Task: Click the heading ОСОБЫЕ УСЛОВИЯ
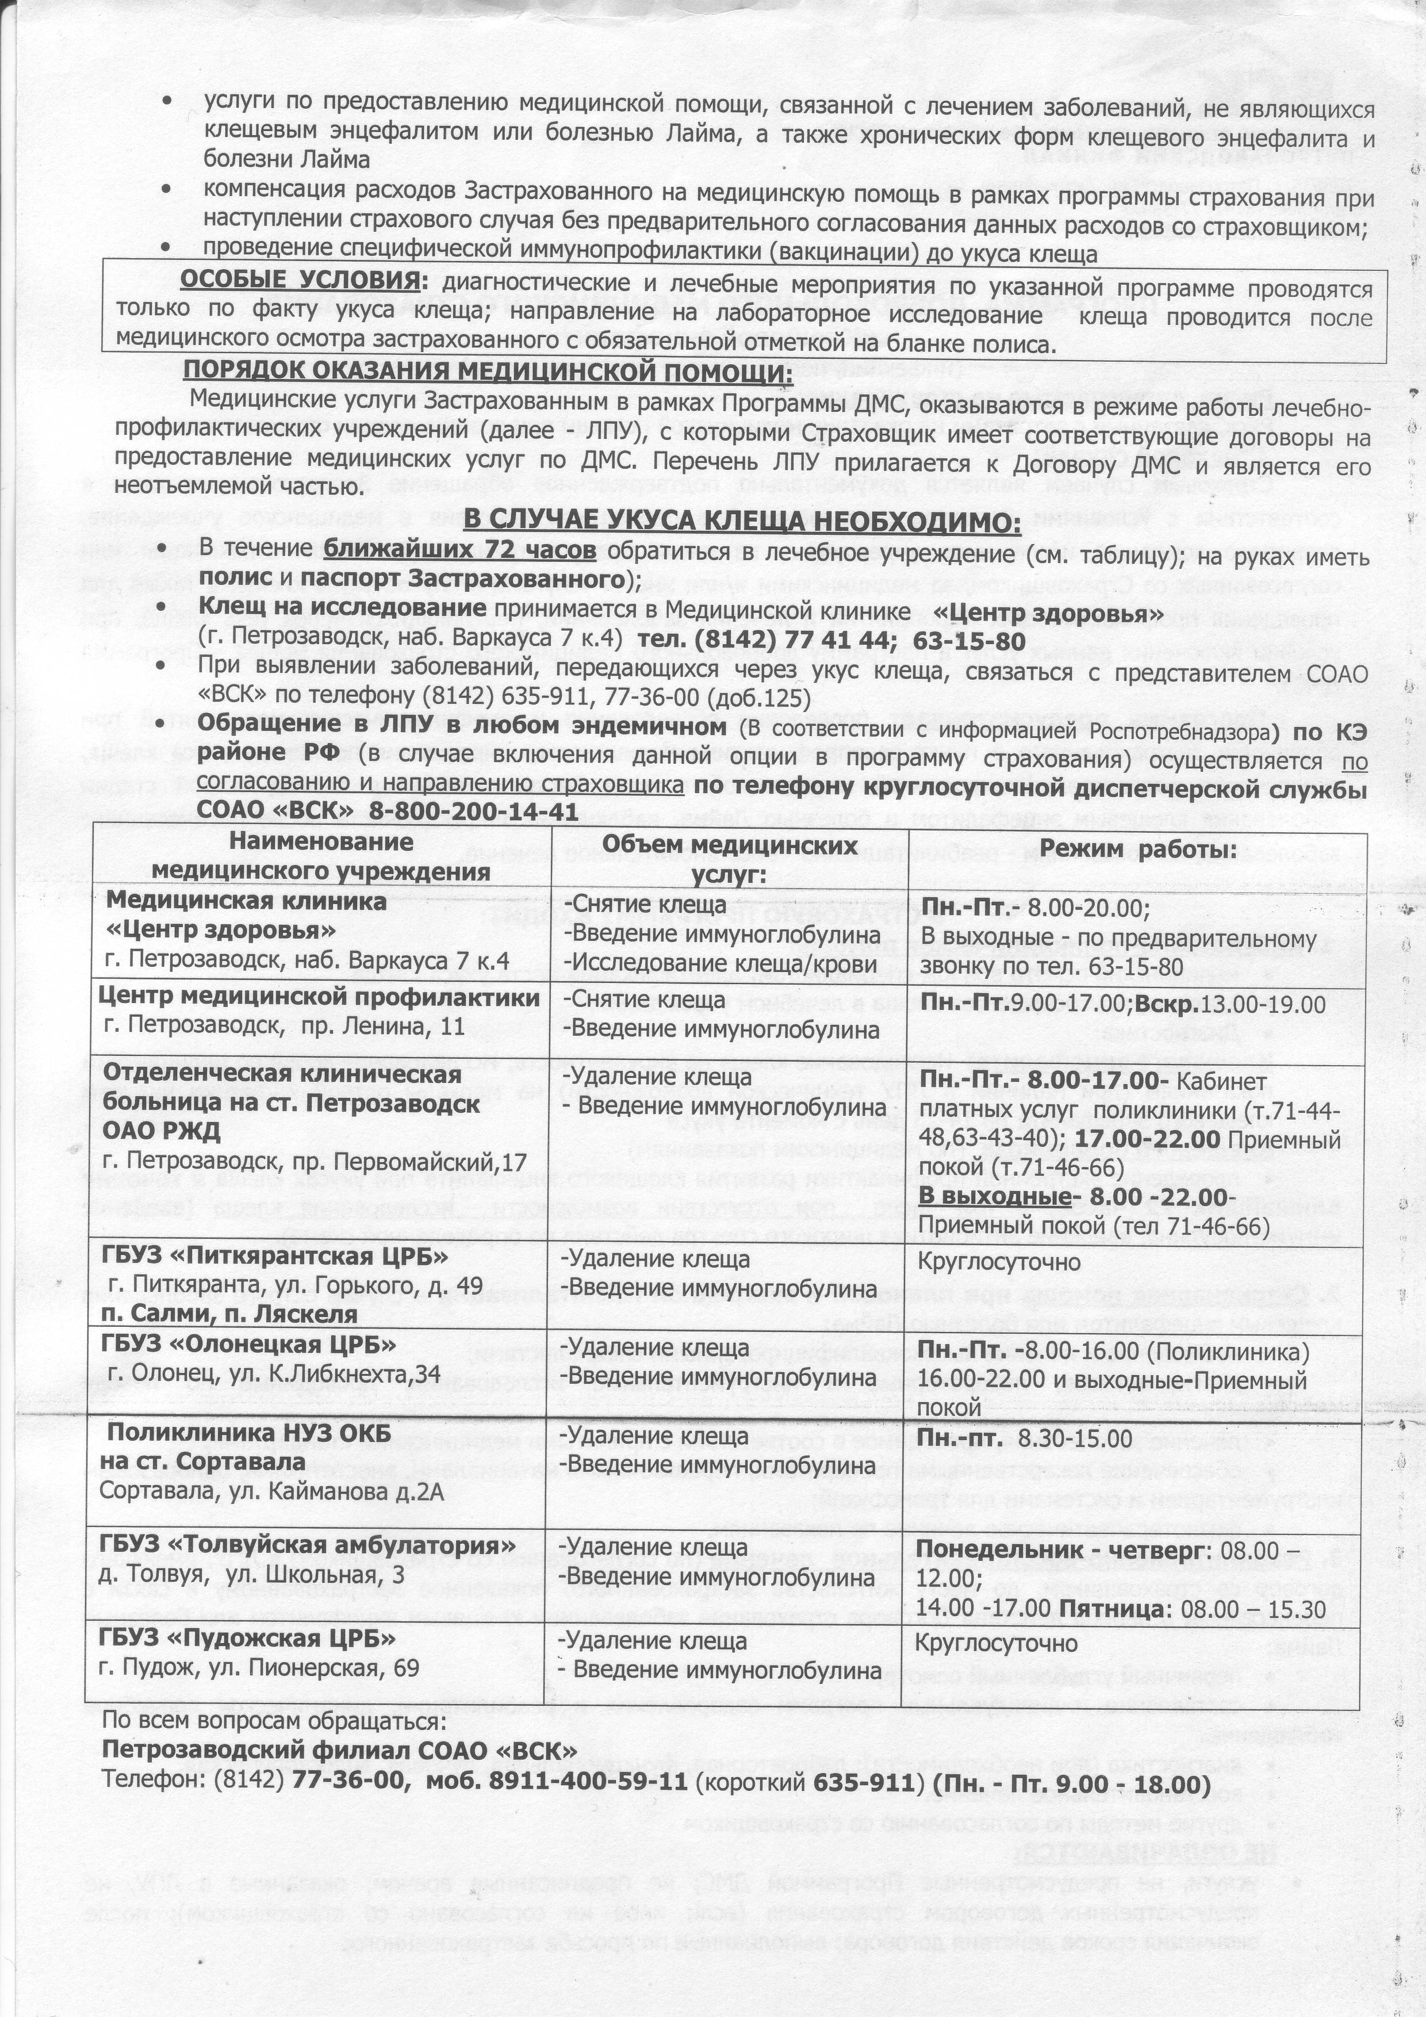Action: click(x=298, y=281)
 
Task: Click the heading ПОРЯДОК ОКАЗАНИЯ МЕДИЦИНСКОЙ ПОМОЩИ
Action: click(x=488, y=373)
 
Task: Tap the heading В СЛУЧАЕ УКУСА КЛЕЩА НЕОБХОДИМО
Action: click(x=742, y=522)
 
